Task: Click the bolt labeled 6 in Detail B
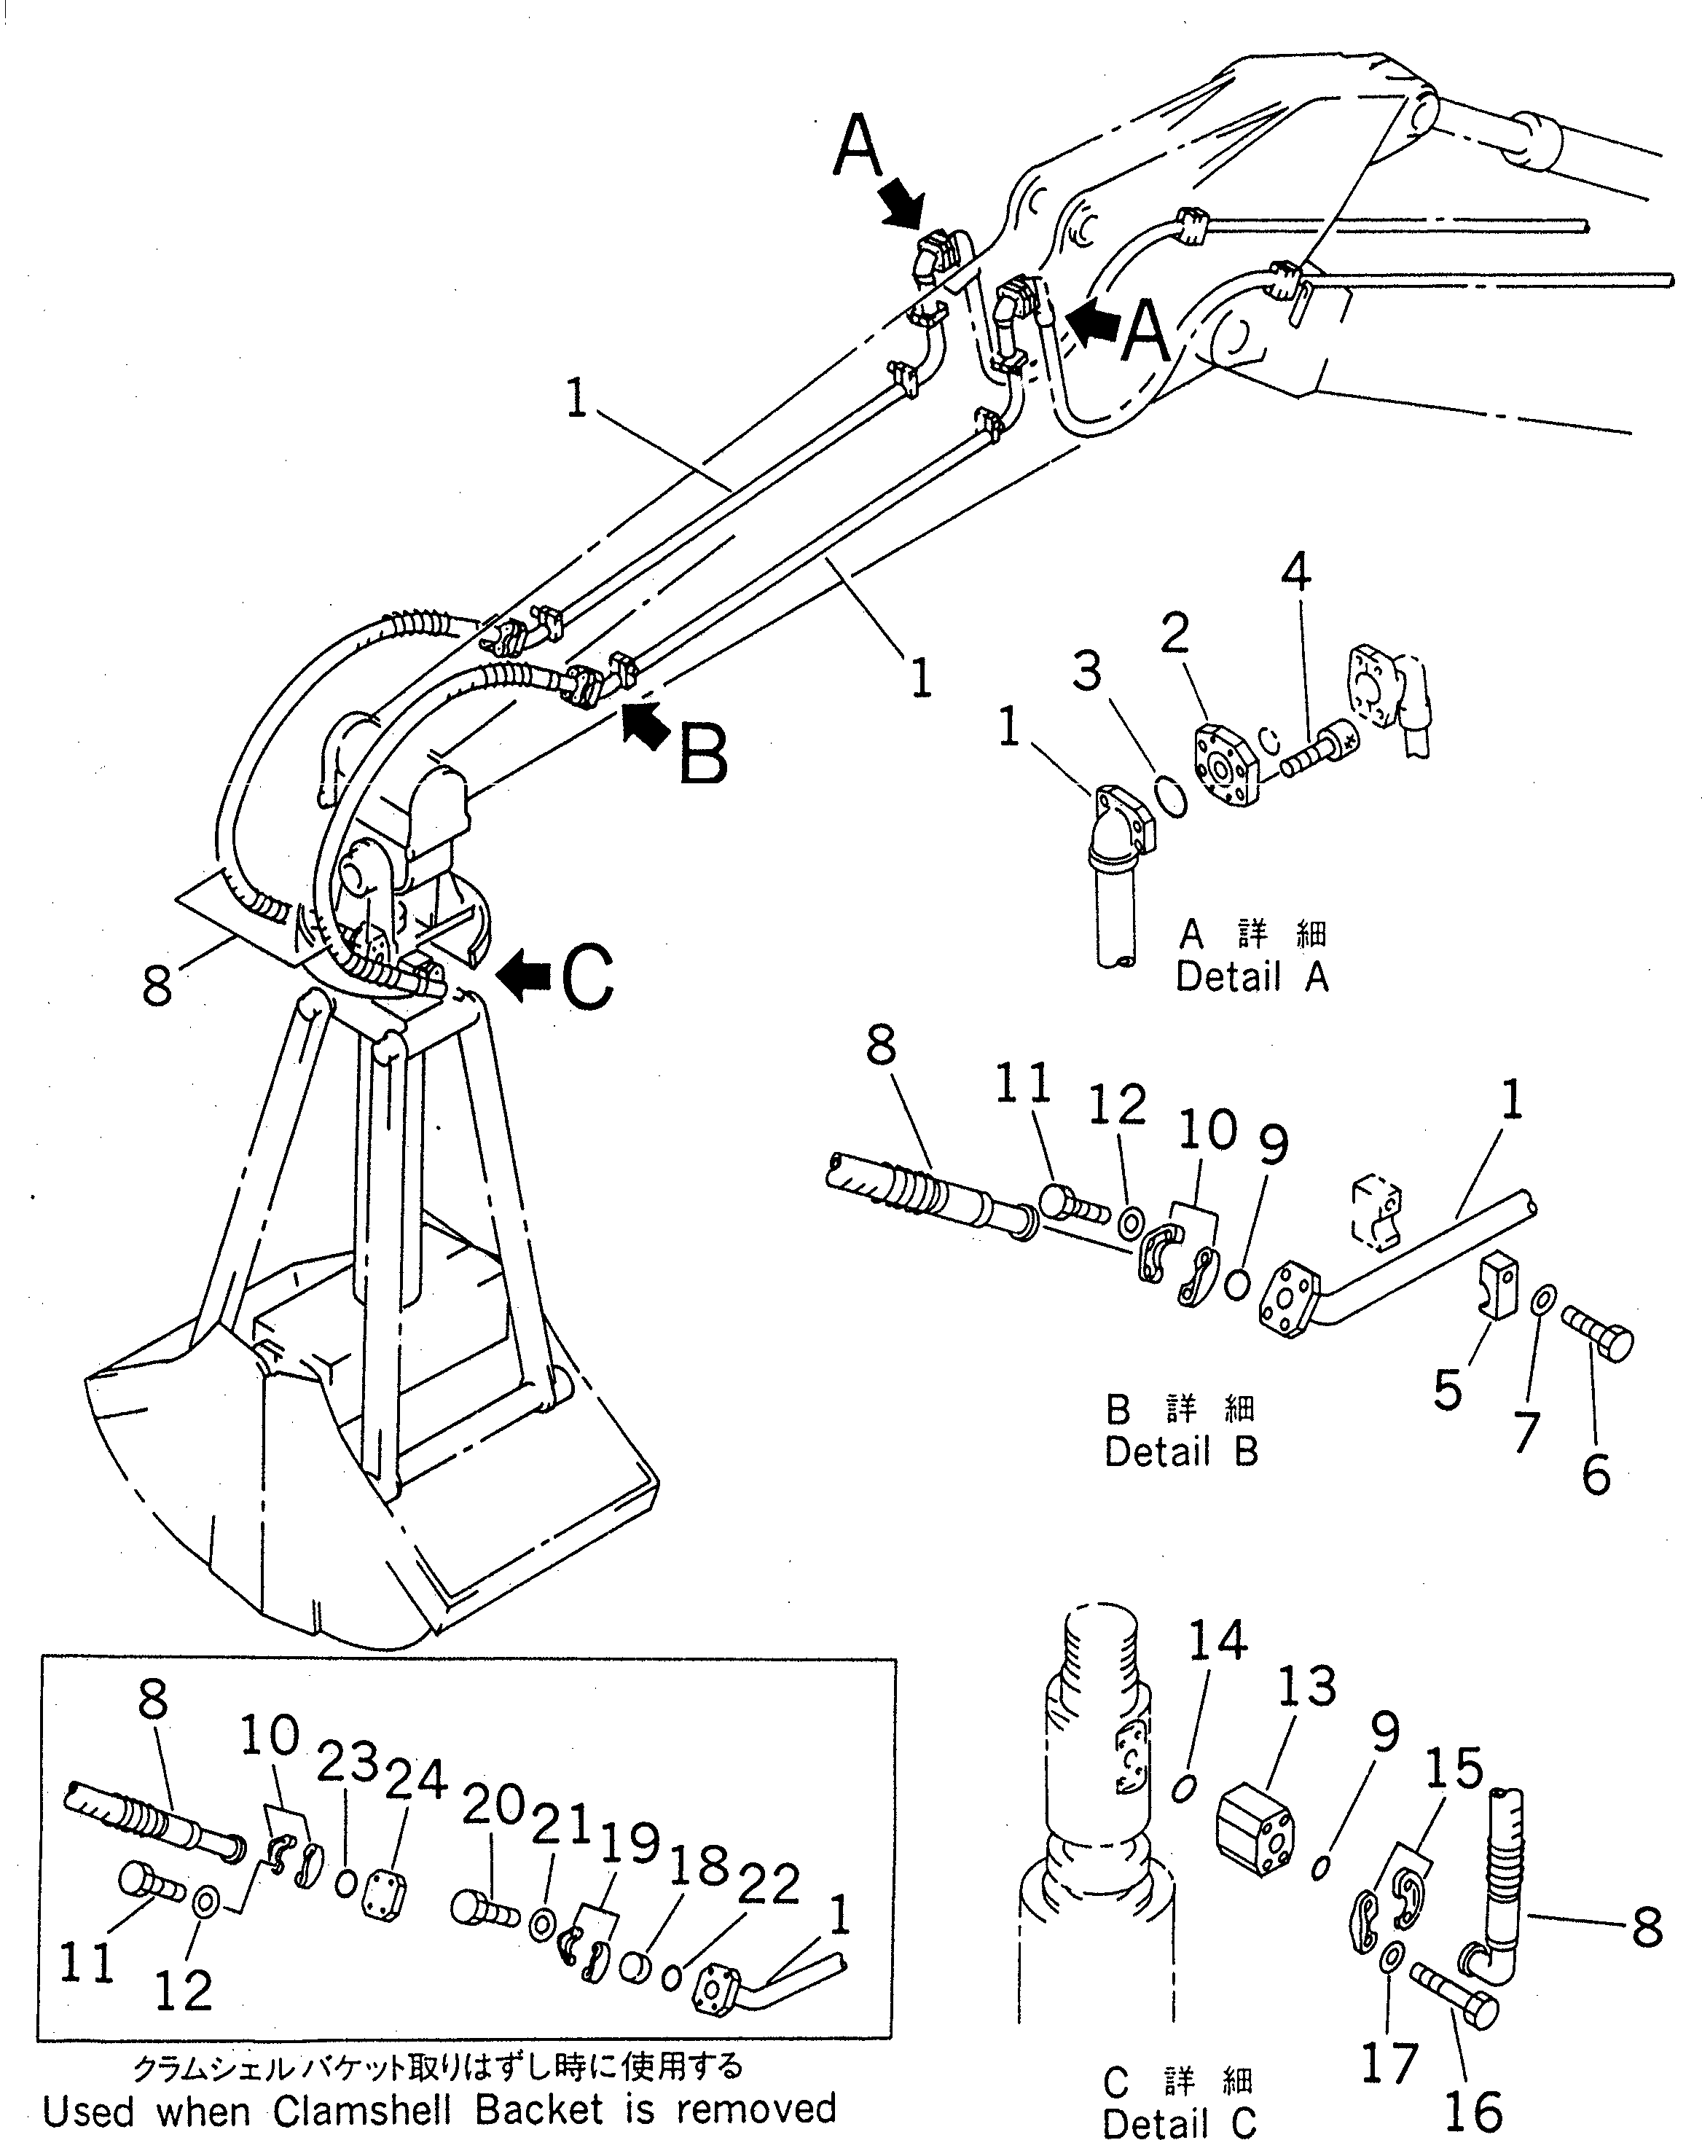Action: [1598, 1332]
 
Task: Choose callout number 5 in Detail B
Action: [1448, 1390]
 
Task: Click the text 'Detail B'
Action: [1181, 1452]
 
